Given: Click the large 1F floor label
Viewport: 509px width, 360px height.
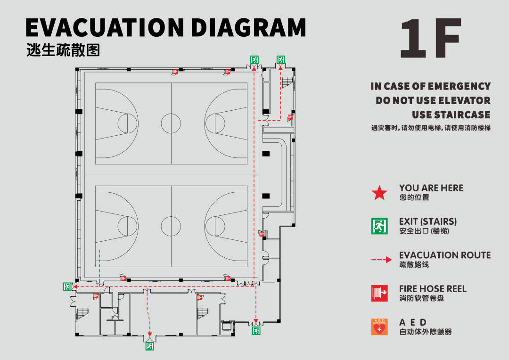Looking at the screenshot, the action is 430,39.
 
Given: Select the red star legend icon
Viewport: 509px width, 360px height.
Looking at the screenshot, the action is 379,193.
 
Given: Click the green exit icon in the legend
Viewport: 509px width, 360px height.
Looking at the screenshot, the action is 379,226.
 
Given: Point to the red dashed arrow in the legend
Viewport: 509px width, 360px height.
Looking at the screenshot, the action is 381,260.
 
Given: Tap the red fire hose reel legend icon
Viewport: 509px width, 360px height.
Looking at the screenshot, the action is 379,293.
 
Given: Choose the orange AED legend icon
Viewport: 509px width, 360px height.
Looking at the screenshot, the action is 379,327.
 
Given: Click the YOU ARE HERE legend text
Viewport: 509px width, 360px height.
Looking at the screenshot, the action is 431,188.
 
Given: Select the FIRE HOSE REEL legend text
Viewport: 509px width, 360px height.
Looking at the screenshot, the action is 433,288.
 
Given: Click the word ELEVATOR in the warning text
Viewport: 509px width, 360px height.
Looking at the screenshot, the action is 464,100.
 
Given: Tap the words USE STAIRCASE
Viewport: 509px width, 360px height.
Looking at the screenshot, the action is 451,115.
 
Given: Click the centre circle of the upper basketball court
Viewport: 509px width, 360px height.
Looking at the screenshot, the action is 171,123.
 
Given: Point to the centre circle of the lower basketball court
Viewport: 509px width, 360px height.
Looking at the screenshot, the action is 171,226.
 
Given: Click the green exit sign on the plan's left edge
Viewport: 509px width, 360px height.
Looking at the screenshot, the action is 67,286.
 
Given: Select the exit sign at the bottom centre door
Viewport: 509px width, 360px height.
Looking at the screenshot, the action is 150,346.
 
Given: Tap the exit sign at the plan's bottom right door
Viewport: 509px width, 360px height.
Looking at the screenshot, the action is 256,331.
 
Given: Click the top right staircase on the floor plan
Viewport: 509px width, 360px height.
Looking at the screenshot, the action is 287,83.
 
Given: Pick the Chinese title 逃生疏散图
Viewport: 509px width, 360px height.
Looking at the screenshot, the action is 63,50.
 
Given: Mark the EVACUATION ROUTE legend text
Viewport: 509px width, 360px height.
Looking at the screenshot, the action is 444,255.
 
